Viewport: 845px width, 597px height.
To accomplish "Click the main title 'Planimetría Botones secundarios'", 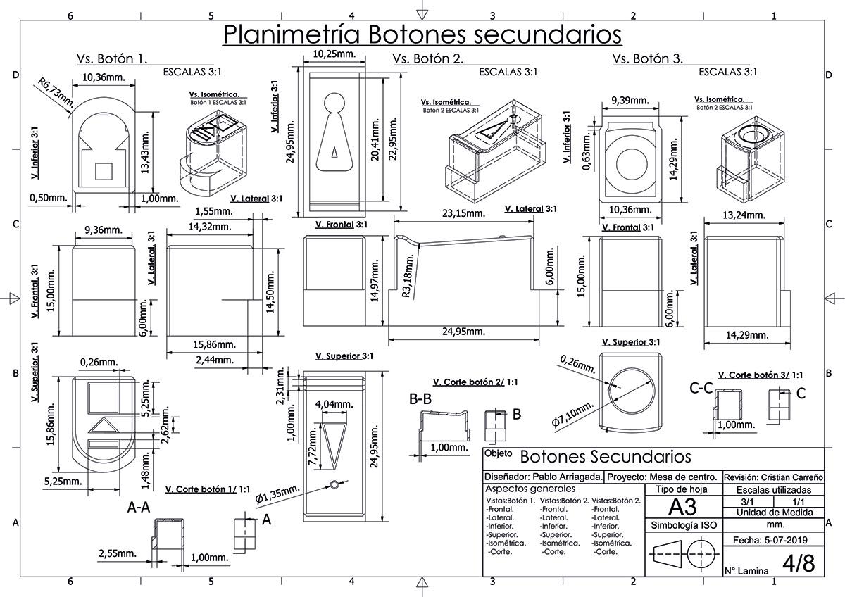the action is pos(422,34).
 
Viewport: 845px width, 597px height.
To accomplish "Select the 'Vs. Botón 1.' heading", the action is pos(112,59).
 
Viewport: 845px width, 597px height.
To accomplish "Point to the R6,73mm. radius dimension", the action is pos(56,92).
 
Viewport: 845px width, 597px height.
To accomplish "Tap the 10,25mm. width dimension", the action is pos(334,54).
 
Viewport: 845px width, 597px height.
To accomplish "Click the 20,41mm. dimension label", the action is pos(375,139).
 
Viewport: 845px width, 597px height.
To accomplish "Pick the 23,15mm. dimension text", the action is pos(463,213).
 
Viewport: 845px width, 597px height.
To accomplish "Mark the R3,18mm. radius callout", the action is pos(408,275).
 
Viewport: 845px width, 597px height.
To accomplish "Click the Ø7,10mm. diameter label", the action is pos(573,414).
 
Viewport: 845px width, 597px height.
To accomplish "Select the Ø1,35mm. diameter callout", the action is pos(277,494).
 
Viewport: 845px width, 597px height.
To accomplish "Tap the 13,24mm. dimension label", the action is pos(744,215).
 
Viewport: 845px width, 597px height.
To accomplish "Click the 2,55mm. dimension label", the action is pos(118,553).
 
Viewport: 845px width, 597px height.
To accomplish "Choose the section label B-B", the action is pos(420,399).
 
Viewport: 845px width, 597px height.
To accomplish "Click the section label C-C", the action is pos(701,389).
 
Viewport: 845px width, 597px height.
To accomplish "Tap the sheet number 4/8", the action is pos(799,563).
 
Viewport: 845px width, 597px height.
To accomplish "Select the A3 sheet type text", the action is pos(682,507).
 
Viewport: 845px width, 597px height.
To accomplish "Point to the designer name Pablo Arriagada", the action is pos(568,477).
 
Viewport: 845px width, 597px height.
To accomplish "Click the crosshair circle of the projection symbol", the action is pos(701,554).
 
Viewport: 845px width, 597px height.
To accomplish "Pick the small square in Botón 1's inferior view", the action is pos(104,171).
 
